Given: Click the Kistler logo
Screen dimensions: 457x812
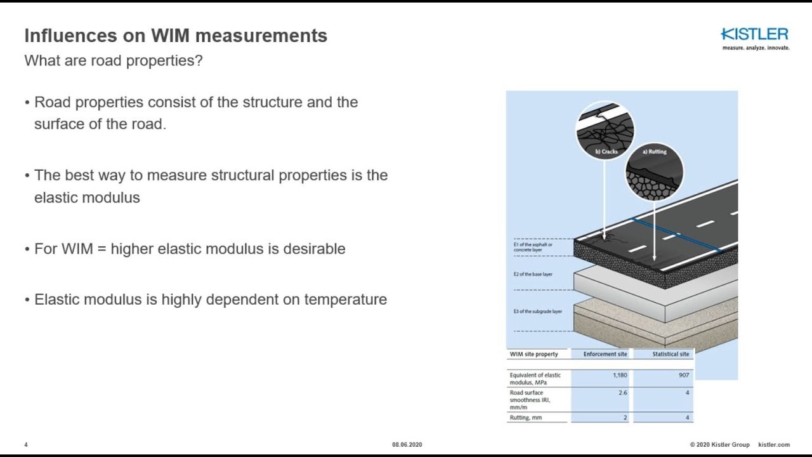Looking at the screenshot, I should tap(754, 36).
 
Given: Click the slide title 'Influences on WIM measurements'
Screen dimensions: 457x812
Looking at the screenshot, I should tap(176, 36).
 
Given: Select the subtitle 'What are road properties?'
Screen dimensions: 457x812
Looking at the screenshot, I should tap(113, 61).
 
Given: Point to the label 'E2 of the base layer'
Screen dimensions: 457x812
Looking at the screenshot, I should tap(533, 274).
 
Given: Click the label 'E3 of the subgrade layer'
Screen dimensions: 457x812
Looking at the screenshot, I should tap(537, 312).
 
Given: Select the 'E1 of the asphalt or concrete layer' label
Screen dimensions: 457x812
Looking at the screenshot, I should tap(533, 247).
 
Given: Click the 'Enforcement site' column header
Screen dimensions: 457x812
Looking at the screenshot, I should tap(605, 354).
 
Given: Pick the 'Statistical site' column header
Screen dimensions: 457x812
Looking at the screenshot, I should tap(670, 354).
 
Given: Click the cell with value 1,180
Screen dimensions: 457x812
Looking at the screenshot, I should tap(620, 375).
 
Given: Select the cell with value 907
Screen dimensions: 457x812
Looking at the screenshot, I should tap(683, 375).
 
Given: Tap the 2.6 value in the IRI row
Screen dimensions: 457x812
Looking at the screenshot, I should tap(622, 393).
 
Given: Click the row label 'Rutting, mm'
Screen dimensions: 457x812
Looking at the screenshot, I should tap(526, 418).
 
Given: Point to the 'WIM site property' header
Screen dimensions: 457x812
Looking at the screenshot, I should tap(534, 354).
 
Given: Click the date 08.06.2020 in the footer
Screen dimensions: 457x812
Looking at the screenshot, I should tap(407, 445).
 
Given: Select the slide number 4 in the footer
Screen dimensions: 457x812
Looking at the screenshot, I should tap(26, 445).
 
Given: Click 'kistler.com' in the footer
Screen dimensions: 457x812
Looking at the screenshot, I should tap(774, 445).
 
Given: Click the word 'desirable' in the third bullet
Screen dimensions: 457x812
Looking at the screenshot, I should tap(314, 249).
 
